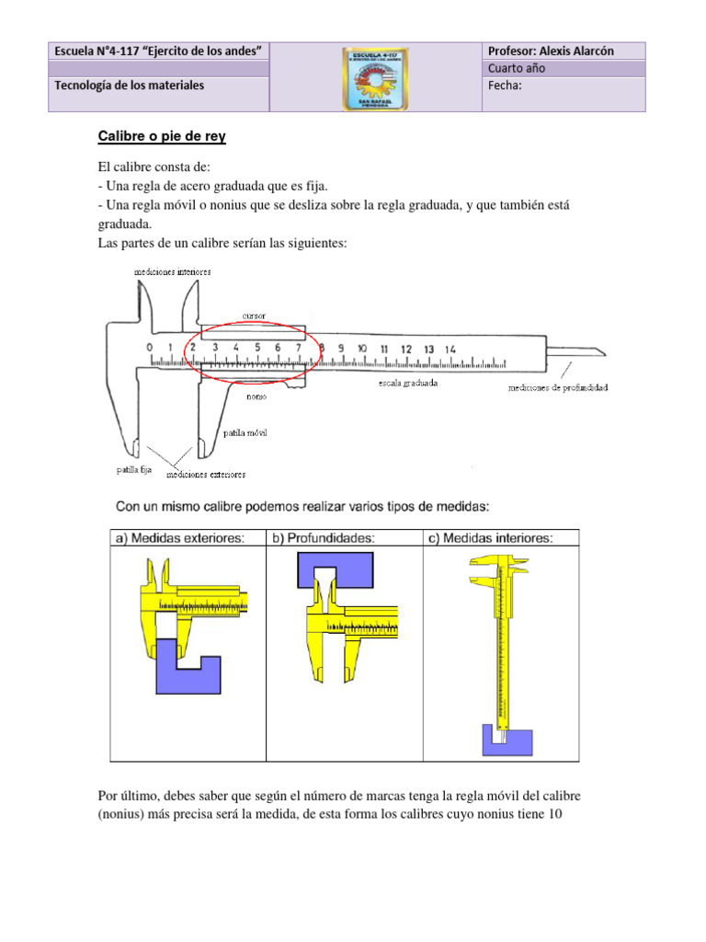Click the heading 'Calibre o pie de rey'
pos(162,137)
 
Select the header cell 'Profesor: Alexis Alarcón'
pos(552,52)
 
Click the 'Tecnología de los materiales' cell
pos(130,86)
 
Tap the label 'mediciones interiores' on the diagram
pos(172,272)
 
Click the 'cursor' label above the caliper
pos(255,316)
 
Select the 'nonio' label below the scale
pos(256,397)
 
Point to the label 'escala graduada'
pos(407,383)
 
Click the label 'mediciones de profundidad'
pos(558,387)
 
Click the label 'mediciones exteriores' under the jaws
pos(206,475)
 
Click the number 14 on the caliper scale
pos(450,349)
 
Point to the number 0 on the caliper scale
pos(150,348)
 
